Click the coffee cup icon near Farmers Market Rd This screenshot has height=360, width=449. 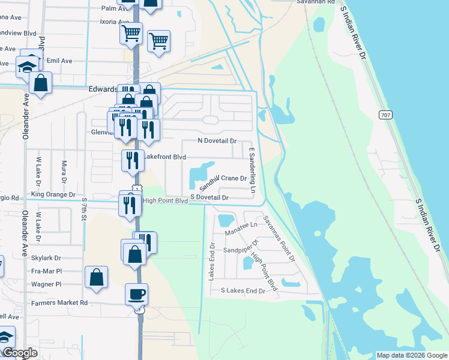[x=136, y=294]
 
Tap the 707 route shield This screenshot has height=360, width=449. [x=386, y=115]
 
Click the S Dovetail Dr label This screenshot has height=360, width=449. [x=210, y=197]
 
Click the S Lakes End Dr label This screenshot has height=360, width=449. [x=243, y=290]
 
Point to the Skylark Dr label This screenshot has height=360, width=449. [x=46, y=257]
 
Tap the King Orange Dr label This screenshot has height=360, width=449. [x=53, y=194]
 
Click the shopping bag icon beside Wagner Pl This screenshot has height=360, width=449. [x=96, y=277]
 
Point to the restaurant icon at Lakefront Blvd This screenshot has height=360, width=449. [x=133, y=160]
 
